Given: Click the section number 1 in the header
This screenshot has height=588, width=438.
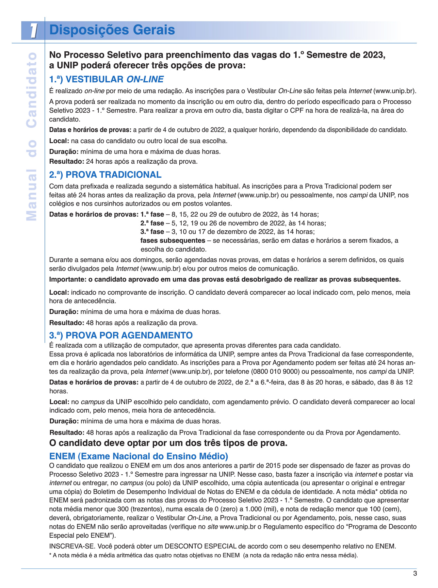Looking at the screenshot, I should (x=33, y=31).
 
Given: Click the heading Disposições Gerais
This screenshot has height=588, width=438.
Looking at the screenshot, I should (x=112, y=30).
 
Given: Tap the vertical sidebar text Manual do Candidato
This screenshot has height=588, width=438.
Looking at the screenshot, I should (x=32, y=137).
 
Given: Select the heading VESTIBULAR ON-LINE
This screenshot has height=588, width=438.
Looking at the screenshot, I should (x=106, y=79).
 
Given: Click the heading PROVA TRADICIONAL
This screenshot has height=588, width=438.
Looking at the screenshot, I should (x=105, y=175).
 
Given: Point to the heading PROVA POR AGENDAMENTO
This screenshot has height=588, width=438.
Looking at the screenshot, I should (x=121, y=335).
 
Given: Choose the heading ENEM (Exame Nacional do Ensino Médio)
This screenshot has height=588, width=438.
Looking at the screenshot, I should (x=138, y=456).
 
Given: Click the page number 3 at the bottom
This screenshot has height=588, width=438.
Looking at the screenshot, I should (x=415, y=574).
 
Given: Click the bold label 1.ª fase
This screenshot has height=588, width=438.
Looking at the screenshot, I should (x=152, y=215).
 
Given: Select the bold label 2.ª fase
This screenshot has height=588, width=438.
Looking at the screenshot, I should (x=152, y=223).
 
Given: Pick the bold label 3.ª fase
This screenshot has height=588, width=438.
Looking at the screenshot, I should (x=152, y=232).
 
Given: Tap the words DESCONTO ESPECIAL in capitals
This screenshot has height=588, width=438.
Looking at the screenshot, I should (x=201, y=546).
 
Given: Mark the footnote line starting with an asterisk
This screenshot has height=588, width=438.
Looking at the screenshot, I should (x=203, y=555).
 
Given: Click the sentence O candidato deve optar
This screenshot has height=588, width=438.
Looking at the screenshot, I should (x=168, y=443).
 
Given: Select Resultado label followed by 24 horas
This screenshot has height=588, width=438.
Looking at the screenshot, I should (x=67, y=161).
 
